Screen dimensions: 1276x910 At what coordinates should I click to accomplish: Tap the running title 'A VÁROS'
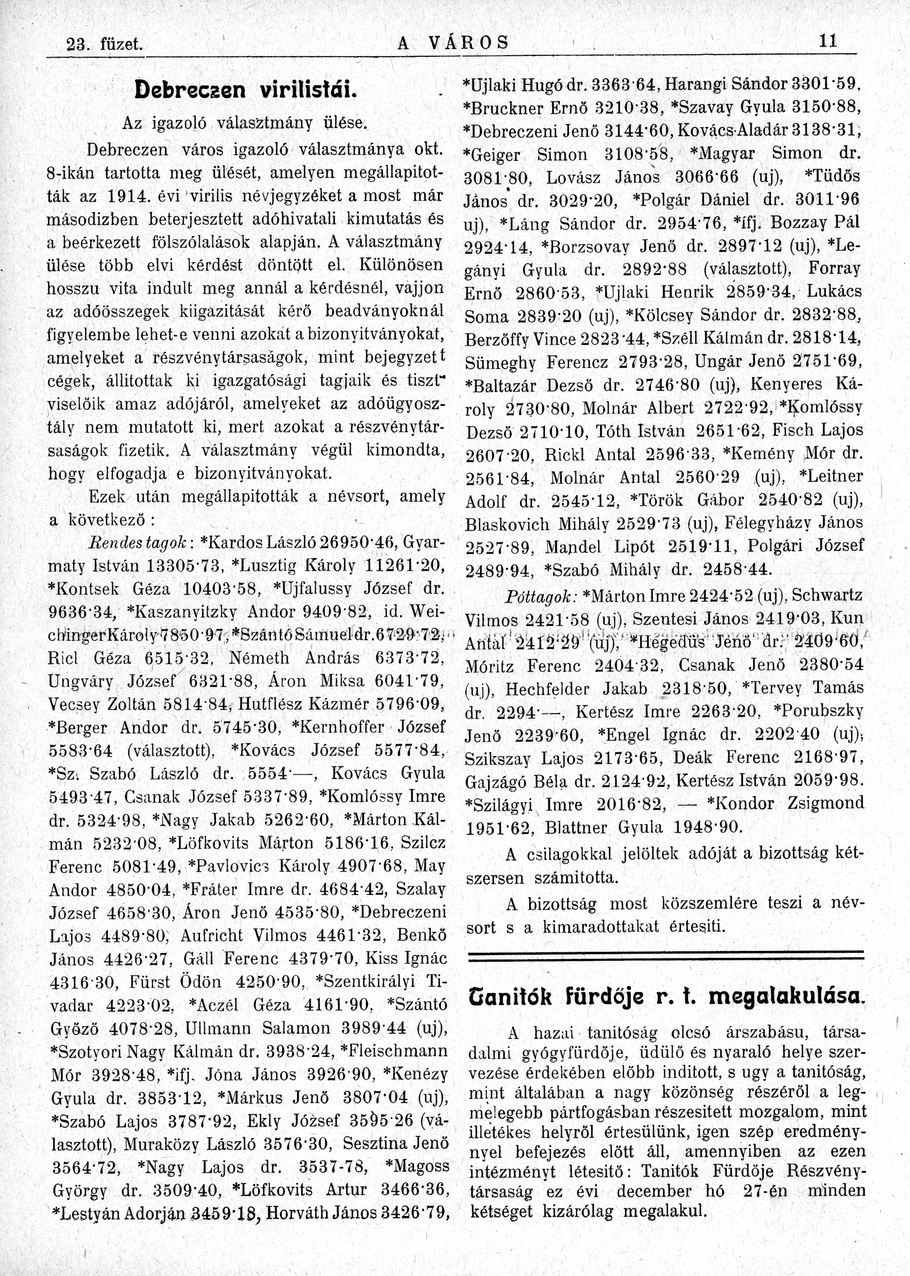pyautogui.click(x=453, y=42)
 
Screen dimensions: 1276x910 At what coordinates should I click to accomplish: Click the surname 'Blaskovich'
pyautogui.click(x=508, y=524)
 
